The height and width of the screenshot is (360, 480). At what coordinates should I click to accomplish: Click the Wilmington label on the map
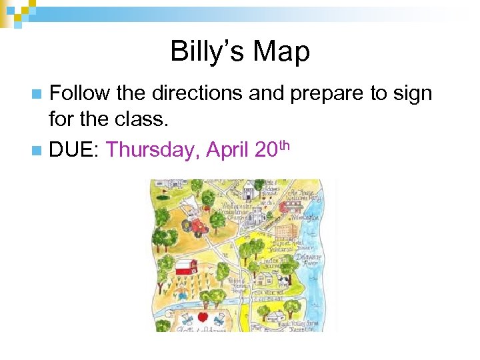click(x=307, y=217)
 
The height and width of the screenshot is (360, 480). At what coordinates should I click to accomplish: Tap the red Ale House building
click(x=284, y=207)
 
